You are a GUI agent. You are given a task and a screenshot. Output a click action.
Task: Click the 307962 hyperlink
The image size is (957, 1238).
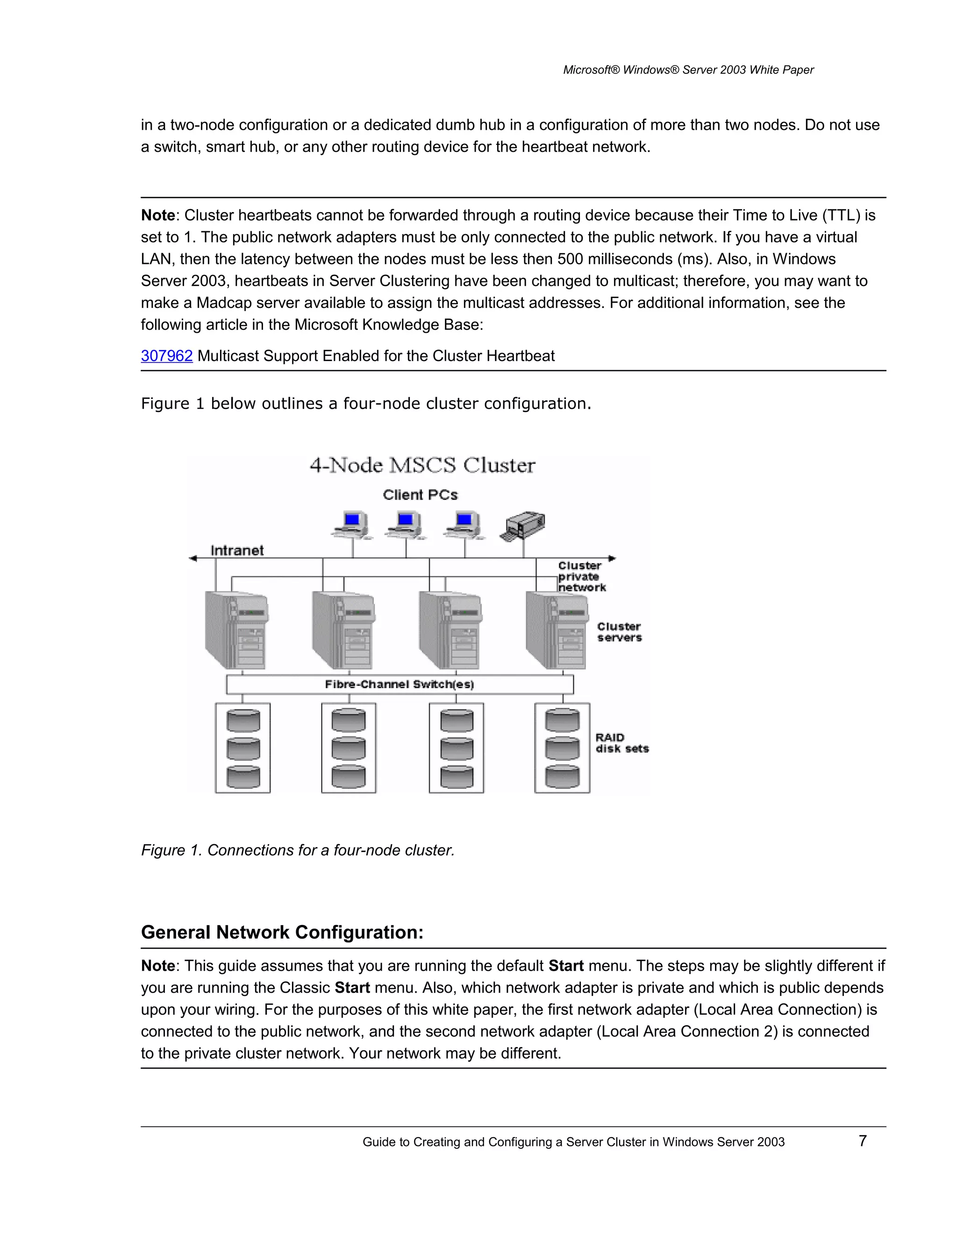(x=167, y=356)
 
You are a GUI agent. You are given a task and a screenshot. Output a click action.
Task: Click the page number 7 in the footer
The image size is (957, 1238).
(x=862, y=1140)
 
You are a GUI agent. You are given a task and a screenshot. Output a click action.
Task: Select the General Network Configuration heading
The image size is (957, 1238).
(x=282, y=932)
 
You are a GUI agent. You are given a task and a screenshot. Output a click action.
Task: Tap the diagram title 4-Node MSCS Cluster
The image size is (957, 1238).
(x=422, y=465)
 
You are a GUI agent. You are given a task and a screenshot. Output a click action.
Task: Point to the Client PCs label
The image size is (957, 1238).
(x=420, y=495)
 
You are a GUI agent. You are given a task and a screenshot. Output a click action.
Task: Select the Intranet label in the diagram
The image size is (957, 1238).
(x=237, y=550)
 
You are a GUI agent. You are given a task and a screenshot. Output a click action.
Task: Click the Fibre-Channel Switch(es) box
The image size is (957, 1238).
(x=399, y=684)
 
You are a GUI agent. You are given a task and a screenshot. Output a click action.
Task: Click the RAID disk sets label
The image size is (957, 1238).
(x=621, y=743)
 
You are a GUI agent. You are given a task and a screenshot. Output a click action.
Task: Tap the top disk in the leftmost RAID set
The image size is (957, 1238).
(x=243, y=720)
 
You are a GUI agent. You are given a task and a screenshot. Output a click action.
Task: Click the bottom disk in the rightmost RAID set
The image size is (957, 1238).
(x=562, y=776)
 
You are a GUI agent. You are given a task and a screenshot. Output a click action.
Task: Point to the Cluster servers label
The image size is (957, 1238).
(x=619, y=632)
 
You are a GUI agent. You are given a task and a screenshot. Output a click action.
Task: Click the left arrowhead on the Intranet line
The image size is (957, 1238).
(x=193, y=558)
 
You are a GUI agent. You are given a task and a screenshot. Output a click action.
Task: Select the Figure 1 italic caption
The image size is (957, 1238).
(x=298, y=850)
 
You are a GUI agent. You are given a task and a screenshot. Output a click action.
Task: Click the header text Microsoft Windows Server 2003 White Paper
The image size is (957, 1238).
(x=688, y=70)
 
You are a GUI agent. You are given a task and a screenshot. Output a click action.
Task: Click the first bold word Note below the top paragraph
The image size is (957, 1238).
(x=157, y=215)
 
